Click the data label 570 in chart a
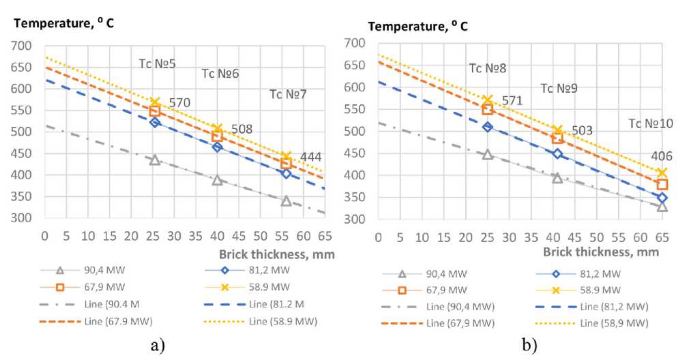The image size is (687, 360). [x=180, y=103]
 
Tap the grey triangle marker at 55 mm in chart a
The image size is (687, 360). [x=286, y=201]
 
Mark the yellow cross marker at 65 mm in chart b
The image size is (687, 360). [x=662, y=172]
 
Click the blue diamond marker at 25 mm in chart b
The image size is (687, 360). [x=487, y=127]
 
